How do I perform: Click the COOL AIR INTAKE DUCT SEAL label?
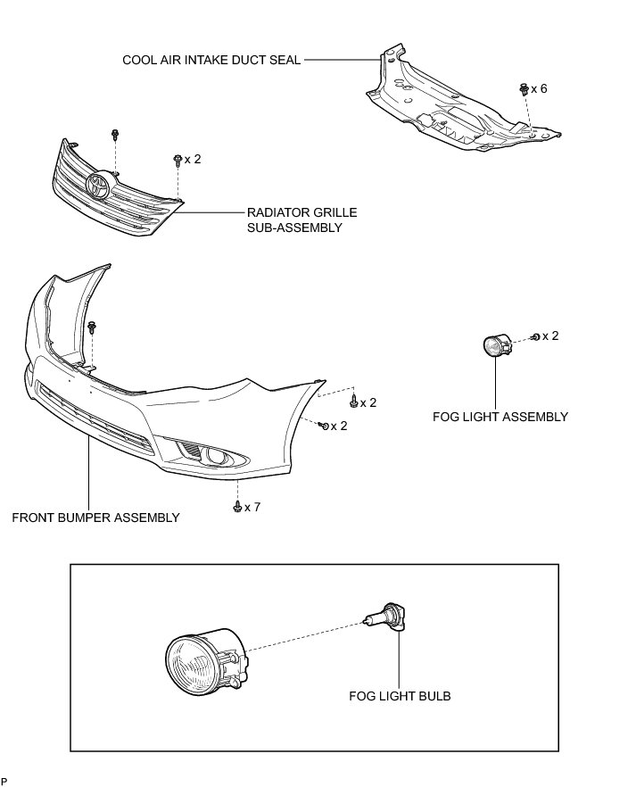point(211,60)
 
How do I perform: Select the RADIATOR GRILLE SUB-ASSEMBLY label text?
point(301,220)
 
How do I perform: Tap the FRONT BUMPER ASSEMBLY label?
point(95,517)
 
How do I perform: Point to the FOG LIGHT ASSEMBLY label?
point(500,417)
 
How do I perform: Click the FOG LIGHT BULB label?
point(400,696)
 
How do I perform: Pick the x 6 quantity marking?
point(539,89)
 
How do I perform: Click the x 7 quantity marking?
point(252,507)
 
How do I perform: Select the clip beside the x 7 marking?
point(237,507)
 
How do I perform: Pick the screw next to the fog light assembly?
point(535,336)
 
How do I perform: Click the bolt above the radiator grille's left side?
point(116,135)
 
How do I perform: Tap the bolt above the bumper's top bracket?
point(93,327)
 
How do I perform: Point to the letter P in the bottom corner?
point(4,780)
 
